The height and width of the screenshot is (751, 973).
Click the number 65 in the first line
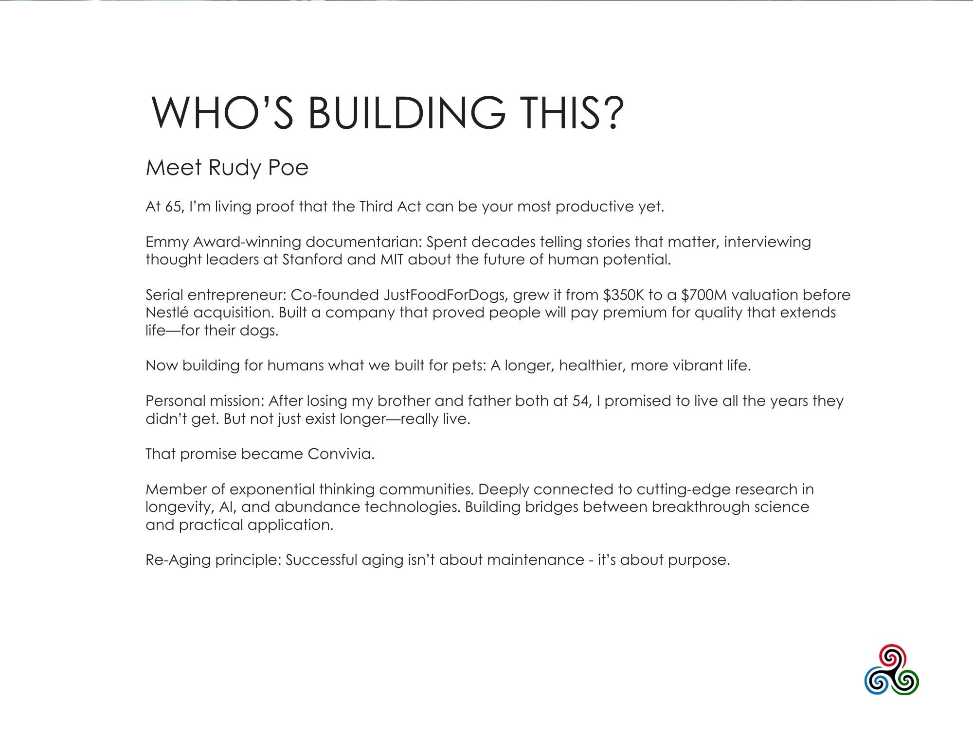(x=173, y=207)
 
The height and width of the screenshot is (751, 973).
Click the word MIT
(x=392, y=260)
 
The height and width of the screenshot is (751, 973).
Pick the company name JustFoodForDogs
(x=445, y=295)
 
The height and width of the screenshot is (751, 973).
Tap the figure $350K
(x=623, y=295)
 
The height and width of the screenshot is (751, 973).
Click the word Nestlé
(x=167, y=313)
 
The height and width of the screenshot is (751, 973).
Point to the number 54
(x=579, y=401)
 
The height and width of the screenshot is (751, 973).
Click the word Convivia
(x=341, y=454)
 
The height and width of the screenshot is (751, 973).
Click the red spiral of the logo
(x=891, y=658)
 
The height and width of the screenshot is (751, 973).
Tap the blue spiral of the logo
(x=878, y=681)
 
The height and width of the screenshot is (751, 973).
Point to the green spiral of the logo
(x=906, y=681)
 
